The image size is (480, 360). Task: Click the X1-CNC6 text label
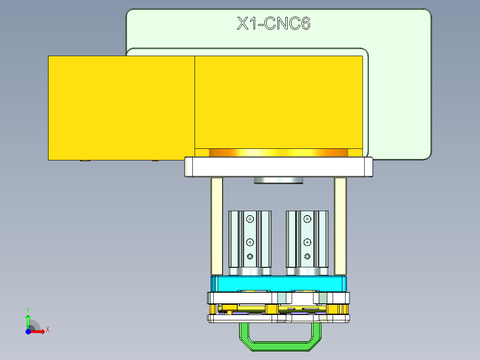click(x=273, y=23)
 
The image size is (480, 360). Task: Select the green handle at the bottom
click(x=281, y=346)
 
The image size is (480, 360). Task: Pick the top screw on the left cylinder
click(x=250, y=219)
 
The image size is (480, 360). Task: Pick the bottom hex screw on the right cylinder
click(x=307, y=256)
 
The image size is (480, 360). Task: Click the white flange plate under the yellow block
click(x=278, y=167)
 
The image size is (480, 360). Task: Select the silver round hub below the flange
click(x=278, y=180)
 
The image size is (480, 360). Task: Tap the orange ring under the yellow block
click(x=278, y=152)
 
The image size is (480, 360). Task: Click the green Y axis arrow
click(x=28, y=320)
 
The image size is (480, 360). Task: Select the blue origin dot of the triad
click(x=28, y=331)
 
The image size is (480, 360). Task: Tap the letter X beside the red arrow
click(x=47, y=329)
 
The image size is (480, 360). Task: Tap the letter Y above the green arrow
click(x=28, y=309)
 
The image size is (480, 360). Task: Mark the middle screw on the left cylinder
click(x=250, y=242)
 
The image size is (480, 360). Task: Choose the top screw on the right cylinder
click(x=307, y=219)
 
